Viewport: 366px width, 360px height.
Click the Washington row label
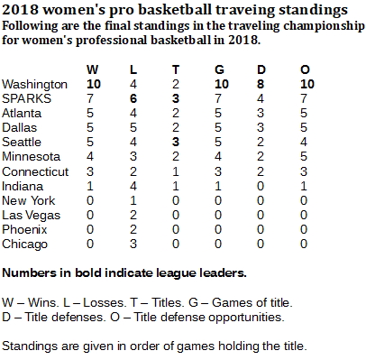pos(34,85)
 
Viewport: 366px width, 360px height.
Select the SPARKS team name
pos(26,98)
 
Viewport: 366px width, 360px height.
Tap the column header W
pos(93,69)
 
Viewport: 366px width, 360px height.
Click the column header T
pos(176,69)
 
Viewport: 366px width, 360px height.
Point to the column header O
pos(305,69)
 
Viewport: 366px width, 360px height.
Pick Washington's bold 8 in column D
pos(261,84)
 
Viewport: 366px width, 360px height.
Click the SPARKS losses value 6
pos(133,98)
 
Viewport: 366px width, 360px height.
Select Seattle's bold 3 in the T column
pos(176,142)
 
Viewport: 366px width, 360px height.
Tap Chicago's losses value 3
pos(133,244)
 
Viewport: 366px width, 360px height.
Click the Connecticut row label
pos(35,171)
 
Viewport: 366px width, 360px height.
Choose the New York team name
pos(29,200)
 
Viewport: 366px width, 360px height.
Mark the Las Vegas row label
pos(31,216)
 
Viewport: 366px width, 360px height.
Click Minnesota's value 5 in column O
pos(304,156)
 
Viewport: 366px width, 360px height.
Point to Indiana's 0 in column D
pos(261,186)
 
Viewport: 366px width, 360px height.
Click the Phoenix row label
pos(24,229)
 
